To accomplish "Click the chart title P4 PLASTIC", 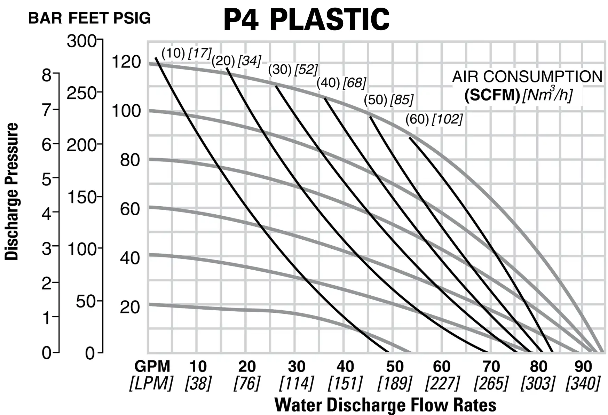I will click(306, 19).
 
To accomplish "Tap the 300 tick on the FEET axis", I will click(81, 41).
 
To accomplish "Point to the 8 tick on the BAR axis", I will click(47, 75).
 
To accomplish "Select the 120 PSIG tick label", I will click(126, 62).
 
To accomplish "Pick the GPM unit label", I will click(152, 366).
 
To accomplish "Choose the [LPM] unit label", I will click(151, 383).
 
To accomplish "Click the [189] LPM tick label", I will click(395, 383).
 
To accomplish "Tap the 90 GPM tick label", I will click(583, 366).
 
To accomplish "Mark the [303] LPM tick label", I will click(538, 383).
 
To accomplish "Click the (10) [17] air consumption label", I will click(187, 53).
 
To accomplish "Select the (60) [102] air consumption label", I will click(434, 119).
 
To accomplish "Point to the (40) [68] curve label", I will click(341, 83).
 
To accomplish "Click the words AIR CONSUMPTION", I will click(527, 77).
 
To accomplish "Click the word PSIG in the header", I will click(132, 18).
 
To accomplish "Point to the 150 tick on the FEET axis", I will click(81, 197).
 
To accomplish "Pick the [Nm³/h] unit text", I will click(547, 94).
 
